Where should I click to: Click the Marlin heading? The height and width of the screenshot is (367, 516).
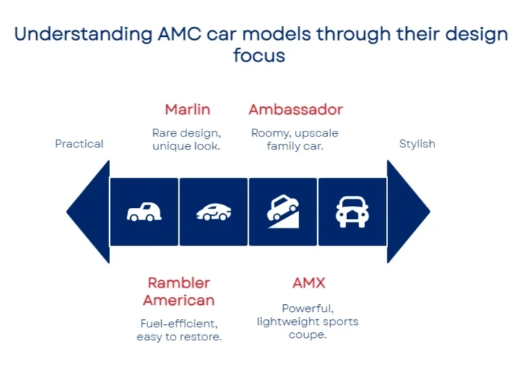[187, 110]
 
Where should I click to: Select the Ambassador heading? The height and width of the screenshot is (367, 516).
[296, 110]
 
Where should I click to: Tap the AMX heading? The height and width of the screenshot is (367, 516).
[309, 282]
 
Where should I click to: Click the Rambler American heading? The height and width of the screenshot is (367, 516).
[179, 291]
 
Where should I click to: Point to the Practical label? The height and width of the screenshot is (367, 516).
[79, 144]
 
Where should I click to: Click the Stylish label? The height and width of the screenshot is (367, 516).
[417, 144]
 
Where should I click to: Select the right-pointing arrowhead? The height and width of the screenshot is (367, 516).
[407, 212]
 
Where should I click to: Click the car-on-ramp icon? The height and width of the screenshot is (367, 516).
[283, 212]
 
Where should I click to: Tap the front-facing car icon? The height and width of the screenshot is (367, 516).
[352, 212]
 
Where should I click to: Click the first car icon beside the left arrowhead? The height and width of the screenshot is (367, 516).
[144, 212]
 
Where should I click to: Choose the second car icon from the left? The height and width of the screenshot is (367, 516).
[213, 212]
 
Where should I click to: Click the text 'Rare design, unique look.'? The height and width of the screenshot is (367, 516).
[186, 139]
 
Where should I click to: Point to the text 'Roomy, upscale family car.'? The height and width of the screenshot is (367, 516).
[295, 139]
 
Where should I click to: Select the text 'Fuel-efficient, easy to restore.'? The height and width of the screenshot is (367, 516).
[179, 330]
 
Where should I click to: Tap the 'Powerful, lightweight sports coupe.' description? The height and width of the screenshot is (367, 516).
[308, 321]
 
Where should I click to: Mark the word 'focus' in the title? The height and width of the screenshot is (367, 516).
[259, 55]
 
